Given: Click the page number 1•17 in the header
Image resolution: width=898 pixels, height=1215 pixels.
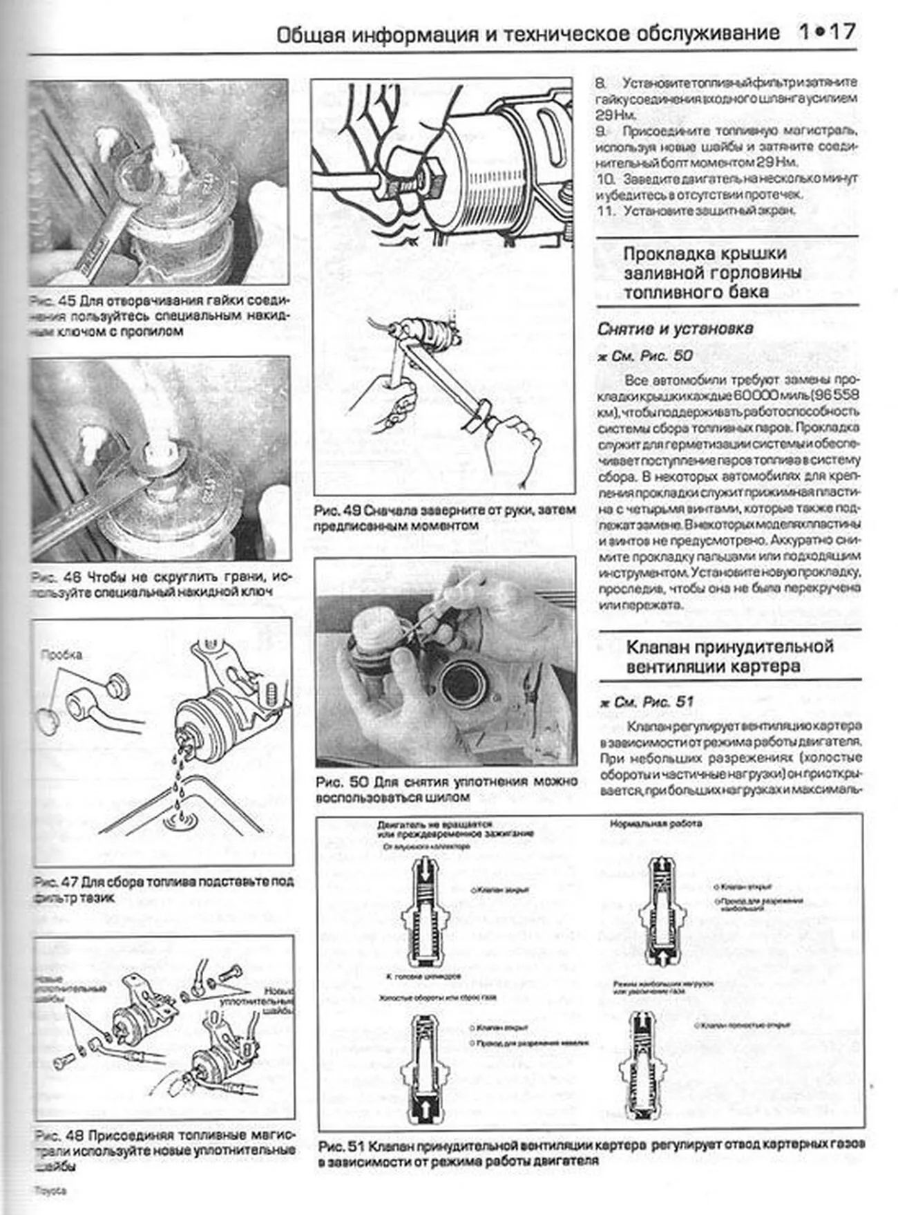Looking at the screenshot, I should tap(827, 32).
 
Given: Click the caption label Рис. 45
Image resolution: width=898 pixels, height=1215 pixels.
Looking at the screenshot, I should tap(53, 302).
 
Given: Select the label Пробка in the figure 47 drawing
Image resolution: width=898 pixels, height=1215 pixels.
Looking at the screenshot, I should tap(61, 654).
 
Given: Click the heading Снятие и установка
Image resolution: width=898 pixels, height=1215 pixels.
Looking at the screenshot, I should tap(675, 329).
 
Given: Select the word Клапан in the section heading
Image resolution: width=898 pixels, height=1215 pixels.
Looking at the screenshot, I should tap(657, 648).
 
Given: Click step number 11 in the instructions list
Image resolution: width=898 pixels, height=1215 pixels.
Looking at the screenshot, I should tap(605, 211).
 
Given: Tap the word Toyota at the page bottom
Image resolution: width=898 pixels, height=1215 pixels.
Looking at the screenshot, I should tap(50, 1191).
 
